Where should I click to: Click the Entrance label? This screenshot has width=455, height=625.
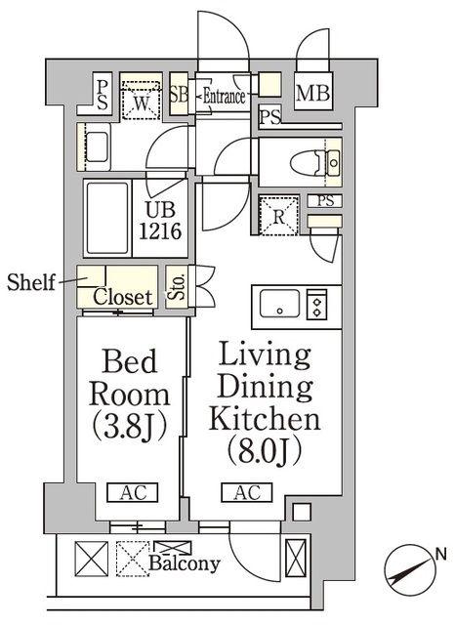[224, 97]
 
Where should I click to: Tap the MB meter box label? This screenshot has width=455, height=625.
[312, 94]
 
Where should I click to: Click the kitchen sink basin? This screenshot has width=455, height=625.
[279, 304]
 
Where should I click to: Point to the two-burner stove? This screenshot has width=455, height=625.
[316, 305]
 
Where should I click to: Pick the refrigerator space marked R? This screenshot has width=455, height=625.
[279, 216]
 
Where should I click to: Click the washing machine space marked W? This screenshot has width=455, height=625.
[141, 100]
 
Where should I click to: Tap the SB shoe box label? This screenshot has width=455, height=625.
[179, 95]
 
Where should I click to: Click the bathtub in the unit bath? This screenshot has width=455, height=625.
[107, 219]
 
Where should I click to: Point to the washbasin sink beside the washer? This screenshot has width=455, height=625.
[97, 147]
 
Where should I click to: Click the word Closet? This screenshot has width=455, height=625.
[123, 297]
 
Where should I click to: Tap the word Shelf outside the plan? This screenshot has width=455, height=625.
[31, 282]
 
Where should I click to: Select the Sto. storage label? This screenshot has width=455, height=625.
[177, 287]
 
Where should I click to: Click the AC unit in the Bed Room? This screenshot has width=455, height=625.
[133, 492]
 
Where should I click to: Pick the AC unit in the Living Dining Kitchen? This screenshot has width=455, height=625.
[247, 492]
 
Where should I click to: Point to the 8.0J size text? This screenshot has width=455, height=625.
[264, 452]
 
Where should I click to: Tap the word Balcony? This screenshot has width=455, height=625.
[185, 563]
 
